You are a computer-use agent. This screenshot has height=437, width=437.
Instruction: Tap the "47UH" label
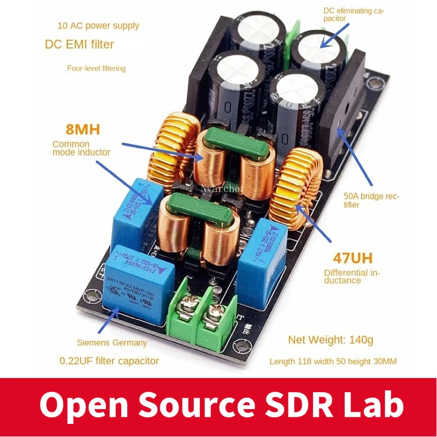[350, 257]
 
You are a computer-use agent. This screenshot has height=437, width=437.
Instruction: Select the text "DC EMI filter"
[79, 44]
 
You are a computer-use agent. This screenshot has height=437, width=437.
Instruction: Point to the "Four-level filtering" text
[96, 68]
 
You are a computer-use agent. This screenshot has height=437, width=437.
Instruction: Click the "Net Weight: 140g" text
[330, 340]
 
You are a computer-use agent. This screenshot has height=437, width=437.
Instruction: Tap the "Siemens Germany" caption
[111, 342]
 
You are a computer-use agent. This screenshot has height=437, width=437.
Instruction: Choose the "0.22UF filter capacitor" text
[109, 361]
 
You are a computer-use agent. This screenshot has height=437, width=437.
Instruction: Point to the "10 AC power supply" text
[98, 26]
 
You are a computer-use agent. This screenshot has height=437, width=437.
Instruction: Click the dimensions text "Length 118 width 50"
[333, 362]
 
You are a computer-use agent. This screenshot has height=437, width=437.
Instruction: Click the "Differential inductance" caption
[352, 276]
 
